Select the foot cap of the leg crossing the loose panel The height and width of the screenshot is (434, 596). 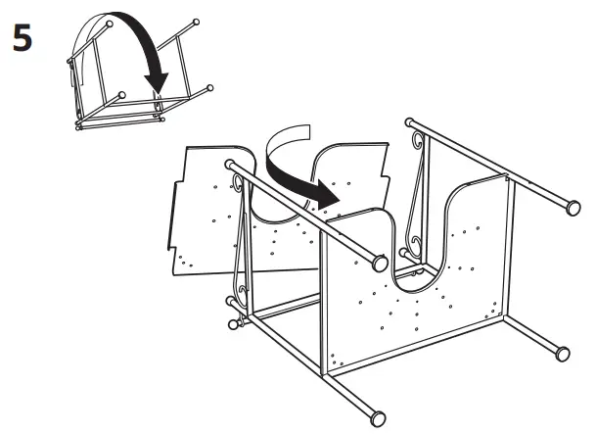(x=379, y=264)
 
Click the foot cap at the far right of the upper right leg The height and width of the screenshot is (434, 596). (x=570, y=207)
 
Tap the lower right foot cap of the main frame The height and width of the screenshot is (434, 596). (x=563, y=351)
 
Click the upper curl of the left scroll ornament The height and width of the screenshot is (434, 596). (x=238, y=183)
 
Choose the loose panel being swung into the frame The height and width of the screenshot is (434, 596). (x=210, y=211)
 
